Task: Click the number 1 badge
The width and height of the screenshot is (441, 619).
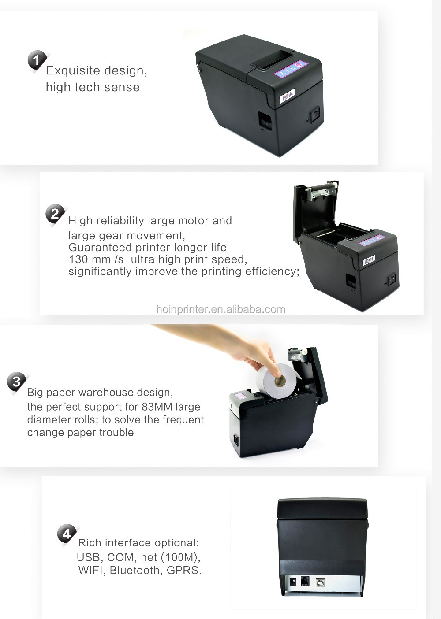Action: point(37,60)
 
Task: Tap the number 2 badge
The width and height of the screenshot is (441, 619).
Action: point(55,215)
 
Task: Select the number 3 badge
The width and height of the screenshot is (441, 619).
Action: point(17,382)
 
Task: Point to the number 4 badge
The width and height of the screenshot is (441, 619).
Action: point(67,534)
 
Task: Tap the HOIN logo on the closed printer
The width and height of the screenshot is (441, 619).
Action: point(288,98)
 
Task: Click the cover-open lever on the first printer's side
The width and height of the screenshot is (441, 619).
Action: point(265,120)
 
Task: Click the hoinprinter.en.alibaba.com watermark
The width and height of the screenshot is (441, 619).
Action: point(220,309)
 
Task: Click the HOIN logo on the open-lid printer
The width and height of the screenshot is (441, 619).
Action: point(369,261)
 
